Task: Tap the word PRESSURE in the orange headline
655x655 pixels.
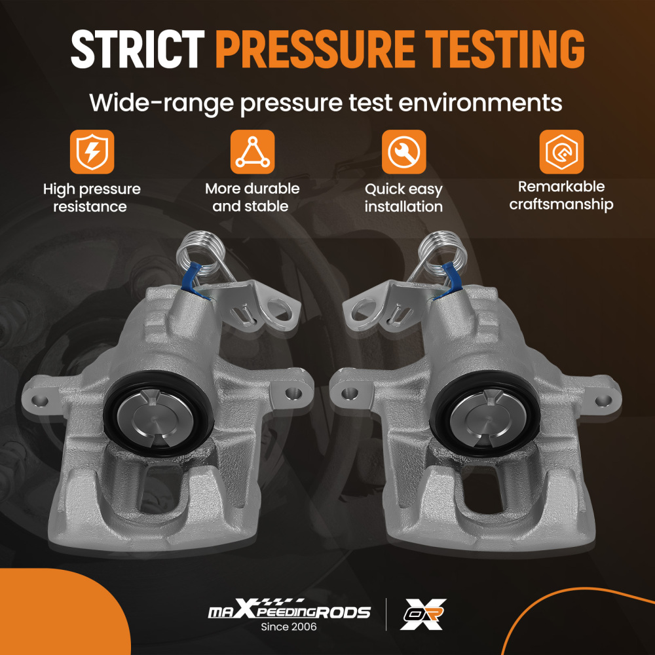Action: coord(315,49)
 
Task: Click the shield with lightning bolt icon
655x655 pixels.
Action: coord(92,152)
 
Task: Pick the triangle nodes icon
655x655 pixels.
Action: coord(252,152)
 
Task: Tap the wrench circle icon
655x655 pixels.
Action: coord(403,152)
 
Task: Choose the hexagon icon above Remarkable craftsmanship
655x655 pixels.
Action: coord(561,152)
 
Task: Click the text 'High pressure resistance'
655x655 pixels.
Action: coord(92,198)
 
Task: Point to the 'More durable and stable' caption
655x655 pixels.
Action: coord(252,197)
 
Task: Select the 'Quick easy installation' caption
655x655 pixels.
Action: coord(403,198)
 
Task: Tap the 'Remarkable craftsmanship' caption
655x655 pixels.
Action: coord(561,195)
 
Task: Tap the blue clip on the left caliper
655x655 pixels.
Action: coord(192,279)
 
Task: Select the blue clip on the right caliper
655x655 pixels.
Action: coord(451,279)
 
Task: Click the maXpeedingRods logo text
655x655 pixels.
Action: coord(289,610)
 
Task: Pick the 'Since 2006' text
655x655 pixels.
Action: coord(289,627)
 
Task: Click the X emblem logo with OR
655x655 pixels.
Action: coord(423,614)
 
